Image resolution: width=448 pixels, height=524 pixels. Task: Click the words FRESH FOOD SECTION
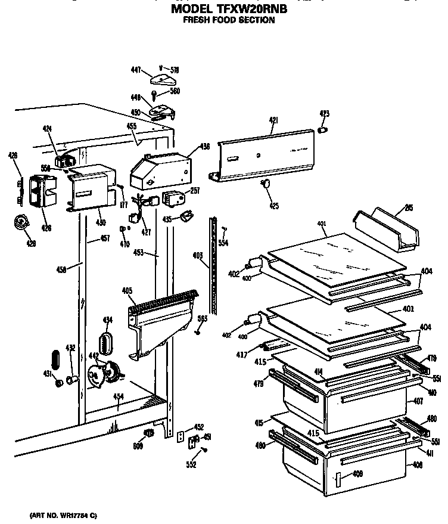click(x=229, y=20)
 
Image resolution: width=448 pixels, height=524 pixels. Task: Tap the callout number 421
click(x=273, y=121)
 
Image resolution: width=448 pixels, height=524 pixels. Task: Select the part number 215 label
click(x=408, y=207)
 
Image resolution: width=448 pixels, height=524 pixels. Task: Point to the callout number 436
click(x=204, y=146)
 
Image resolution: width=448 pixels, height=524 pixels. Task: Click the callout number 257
click(x=194, y=191)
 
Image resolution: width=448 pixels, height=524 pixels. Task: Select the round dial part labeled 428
click(x=21, y=224)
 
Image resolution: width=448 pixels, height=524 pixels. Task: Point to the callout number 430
click(x=101, y=222)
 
